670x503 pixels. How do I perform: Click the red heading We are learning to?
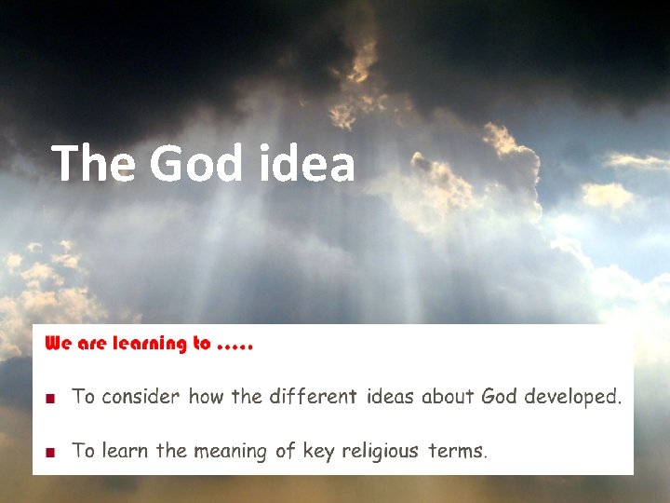(x=128, y=344)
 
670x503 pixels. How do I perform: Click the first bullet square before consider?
(x=52, y=398)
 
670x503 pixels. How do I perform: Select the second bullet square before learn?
(x=52, y=453)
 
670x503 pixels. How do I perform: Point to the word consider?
(x=140, y=397)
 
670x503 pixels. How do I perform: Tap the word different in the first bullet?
(x=313, y=397)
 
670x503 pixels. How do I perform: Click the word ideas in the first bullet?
(x=391, y=397)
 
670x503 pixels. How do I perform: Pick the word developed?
(x=572, y=397)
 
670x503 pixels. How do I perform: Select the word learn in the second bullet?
(x=125, y=452)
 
